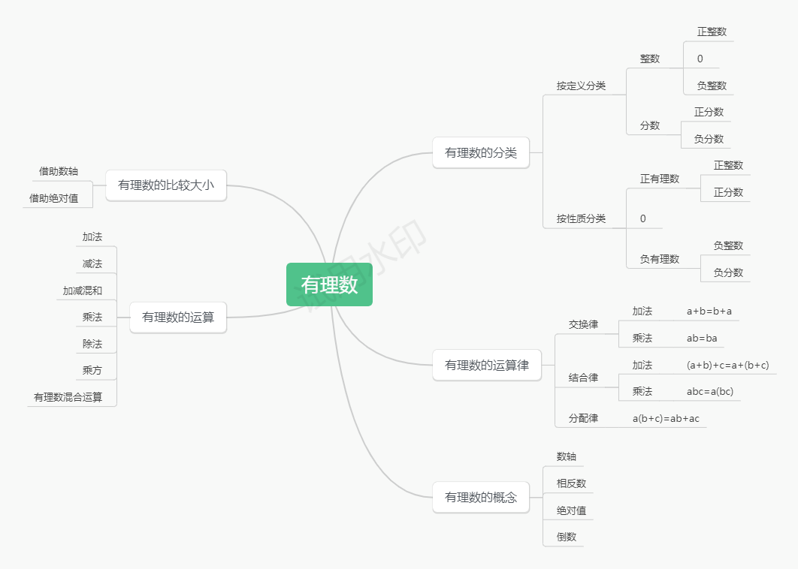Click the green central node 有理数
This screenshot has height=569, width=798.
[329, 284]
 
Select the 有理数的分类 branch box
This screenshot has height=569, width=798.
[481, 152]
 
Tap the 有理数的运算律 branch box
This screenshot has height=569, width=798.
[487, 365]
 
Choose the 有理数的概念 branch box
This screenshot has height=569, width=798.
[481, 497]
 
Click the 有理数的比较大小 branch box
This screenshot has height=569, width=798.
[166, 185]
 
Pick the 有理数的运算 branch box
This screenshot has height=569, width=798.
[178, 317]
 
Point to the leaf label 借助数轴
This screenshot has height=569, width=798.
[59, 171]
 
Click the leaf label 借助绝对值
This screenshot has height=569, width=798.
[53, 198]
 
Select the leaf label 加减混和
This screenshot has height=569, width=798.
[83, 291]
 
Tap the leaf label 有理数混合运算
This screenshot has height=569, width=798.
[68, 397]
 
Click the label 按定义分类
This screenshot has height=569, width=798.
[581, 86]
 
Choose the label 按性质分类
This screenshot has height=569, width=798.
[581, 218]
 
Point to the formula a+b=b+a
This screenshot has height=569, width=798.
[709, 311]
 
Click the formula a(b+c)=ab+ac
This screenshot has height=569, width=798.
[666, 418]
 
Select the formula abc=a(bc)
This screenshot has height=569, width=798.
[709, 391]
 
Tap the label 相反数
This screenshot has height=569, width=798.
[571, 483]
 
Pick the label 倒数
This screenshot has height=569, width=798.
[567, 537]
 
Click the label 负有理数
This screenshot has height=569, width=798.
[660, 259]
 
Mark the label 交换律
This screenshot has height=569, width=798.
[583, 324]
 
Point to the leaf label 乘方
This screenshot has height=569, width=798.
[92, 370]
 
